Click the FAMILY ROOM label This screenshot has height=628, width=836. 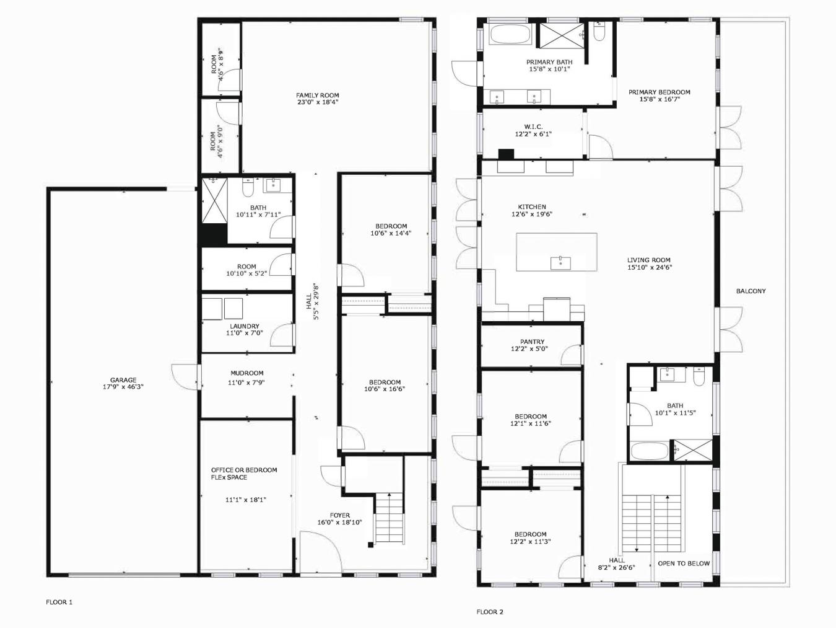pos(317,95)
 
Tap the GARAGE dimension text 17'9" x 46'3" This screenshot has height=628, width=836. pos(123,387)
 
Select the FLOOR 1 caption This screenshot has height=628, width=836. pos(59,602)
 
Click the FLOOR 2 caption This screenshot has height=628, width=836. pos(490,612)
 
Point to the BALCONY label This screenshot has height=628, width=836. pos(751,291)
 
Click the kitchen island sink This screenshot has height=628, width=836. pos(560,263)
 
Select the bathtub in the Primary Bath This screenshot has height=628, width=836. pos(510,34)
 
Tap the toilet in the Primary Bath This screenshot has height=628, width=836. pos(599,32)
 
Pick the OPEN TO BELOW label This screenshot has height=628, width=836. pos(684,564)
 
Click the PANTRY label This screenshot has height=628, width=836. pos(532,342)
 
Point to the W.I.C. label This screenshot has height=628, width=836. pos(533,126)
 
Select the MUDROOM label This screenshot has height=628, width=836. pos(247,373)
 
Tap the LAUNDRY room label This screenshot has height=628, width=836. pos(245,326)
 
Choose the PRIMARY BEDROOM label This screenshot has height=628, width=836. pos(659,92)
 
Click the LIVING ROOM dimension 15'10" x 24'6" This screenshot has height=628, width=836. pos(649,268)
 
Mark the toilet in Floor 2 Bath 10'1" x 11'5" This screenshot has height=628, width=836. pos(700,376)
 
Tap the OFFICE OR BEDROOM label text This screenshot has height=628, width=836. pos(244,470)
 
